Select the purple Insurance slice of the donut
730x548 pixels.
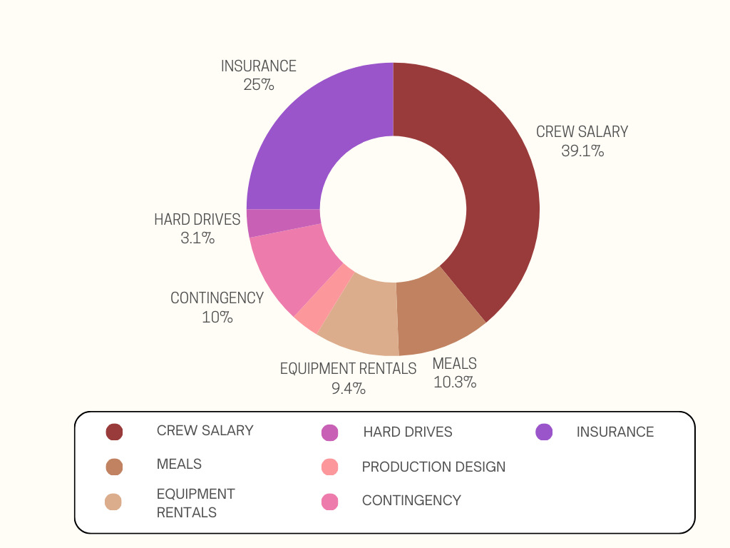[314, 136]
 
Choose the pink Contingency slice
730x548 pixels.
[292, 264]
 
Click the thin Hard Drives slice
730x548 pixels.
[283, 222]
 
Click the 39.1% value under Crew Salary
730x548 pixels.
[582, 151]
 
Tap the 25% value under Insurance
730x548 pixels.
[258, 85]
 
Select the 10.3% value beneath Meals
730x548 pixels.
[455, 382]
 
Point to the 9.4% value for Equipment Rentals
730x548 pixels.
[348, 389]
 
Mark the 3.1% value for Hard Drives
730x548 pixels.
[197, 238]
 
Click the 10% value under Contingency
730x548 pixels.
[217, 317]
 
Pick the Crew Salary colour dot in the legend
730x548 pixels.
[114, 432]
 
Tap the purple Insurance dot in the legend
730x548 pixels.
[544, 432]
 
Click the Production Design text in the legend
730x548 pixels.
[433, 467]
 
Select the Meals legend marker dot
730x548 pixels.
[114, 467]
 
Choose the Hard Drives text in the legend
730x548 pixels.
[407, 432]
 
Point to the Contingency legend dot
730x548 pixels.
[329, 502]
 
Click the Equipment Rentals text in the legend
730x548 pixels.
[195, 503]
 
